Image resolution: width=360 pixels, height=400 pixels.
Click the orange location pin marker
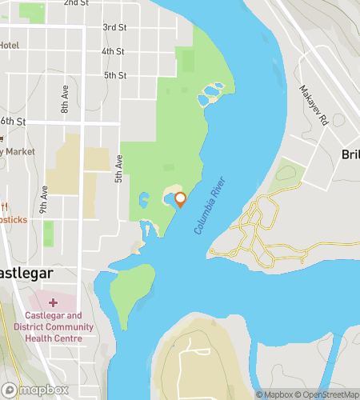[180, 199]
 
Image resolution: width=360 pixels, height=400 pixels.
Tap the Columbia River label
[210, 206]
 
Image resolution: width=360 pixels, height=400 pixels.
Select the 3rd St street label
[114, 27]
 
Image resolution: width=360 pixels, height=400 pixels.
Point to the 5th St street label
[115, 75]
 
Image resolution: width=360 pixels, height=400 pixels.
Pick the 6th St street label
[14, 121]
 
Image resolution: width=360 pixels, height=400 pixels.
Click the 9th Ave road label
[45, 197]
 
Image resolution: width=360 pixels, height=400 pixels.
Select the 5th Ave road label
[118, 166]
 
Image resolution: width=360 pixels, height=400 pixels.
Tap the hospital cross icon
[53, 302]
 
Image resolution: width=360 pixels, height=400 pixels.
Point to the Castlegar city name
[26, 273]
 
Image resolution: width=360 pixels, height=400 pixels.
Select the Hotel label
[9, 45]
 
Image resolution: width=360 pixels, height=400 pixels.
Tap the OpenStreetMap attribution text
[327, 394]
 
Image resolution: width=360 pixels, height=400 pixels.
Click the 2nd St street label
[76, 3]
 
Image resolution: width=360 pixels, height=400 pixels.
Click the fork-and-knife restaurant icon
[4, 206]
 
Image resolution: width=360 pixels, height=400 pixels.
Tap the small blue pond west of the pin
[143, 198]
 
